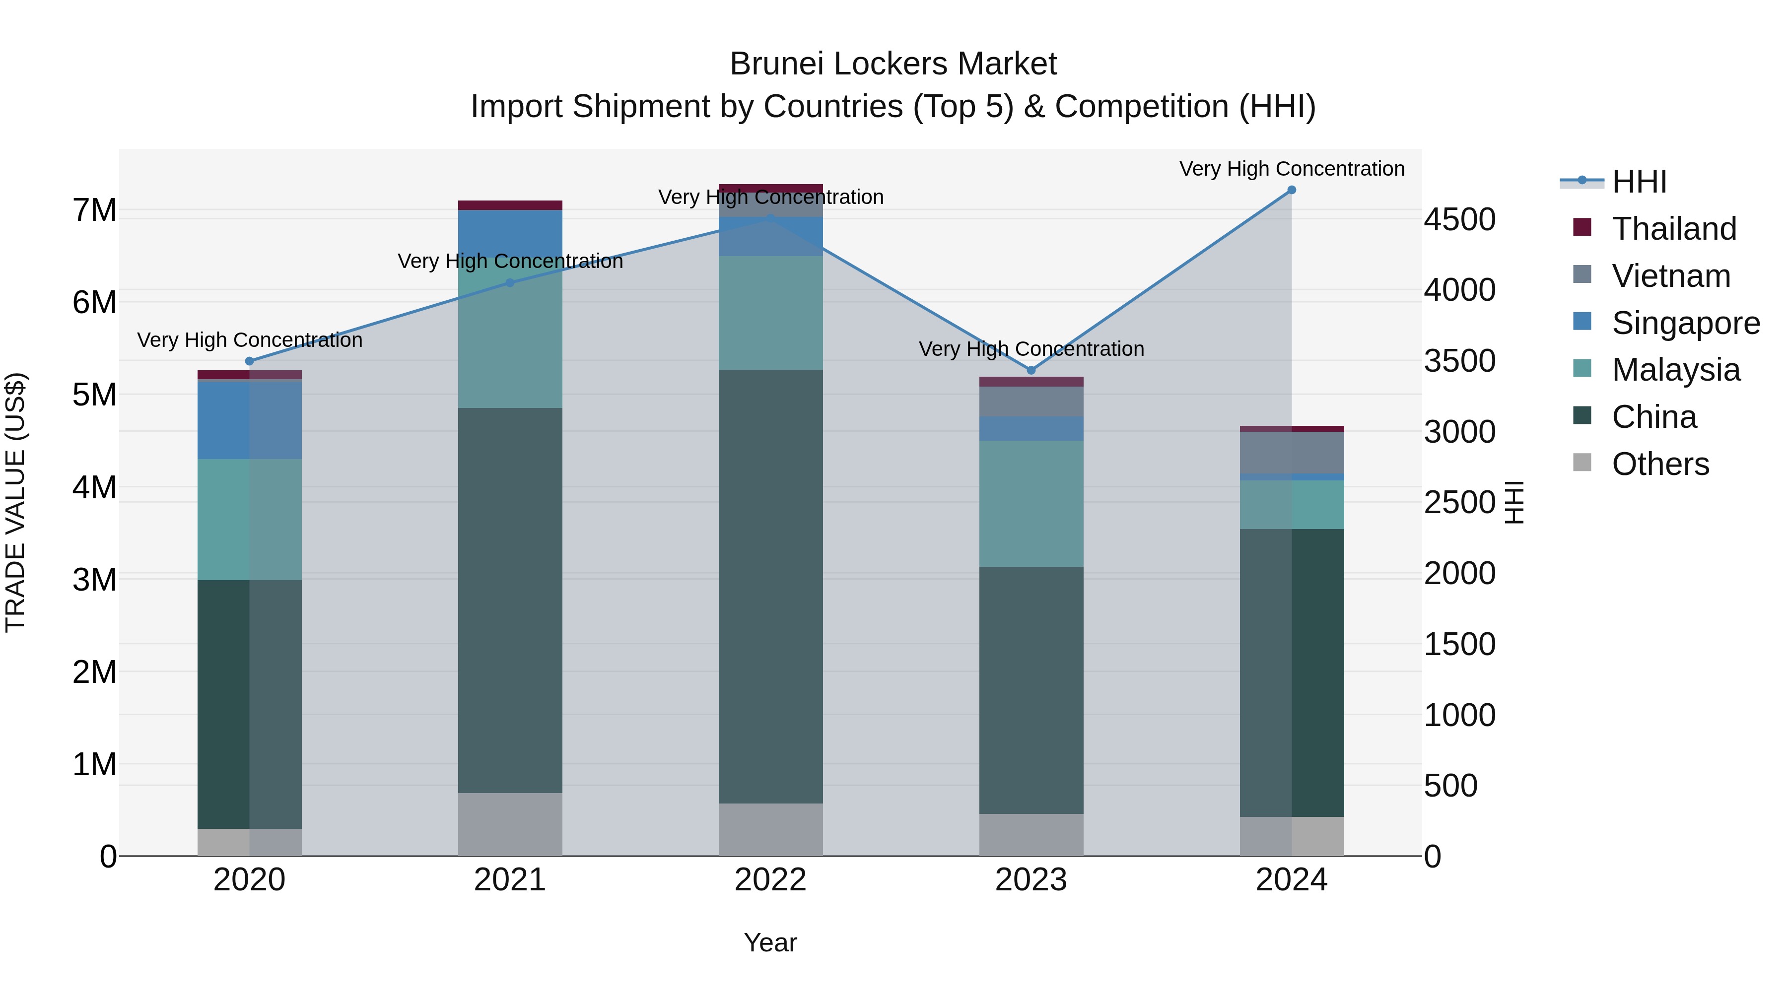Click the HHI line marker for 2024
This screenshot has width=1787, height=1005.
click(x=1291, y=190)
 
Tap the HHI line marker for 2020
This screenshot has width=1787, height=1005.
click(x=250, y=361)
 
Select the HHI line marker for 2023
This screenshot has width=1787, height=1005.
click(x=1031, y=370)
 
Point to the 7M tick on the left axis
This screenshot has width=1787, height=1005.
click(x=94, y=210)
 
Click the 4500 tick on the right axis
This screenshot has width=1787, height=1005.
click(x=1459, y=220)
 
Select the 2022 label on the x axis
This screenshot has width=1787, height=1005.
click(x=770, y=880)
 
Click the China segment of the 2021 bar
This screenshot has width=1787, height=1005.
click(x=510, y=600)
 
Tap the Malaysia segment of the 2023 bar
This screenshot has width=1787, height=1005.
click(x=1031, y=504)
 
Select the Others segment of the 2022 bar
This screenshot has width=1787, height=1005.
click(x=770, y=829)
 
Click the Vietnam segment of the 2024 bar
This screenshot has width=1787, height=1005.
click(x=1291, y=453)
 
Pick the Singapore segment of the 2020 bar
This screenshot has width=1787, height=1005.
click(x=250, y=419)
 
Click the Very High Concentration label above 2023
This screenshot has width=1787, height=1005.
click(x=1031, y=349)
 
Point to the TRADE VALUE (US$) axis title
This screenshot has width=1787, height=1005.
click(x=15, y=502)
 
